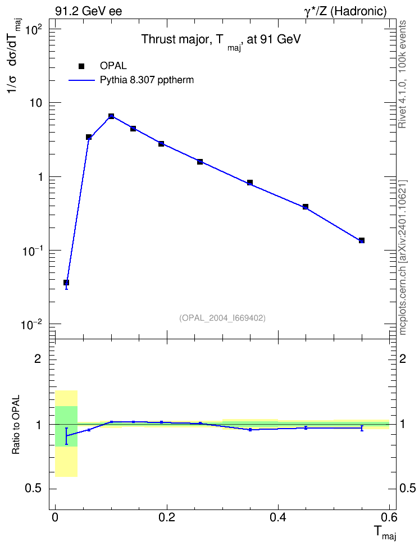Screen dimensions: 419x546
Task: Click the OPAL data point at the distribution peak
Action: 111,116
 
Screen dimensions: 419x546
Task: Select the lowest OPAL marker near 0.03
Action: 66,283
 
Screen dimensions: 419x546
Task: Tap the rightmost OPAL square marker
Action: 362,240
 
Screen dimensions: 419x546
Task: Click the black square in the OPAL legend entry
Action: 81,66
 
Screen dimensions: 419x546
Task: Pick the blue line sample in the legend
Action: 82,80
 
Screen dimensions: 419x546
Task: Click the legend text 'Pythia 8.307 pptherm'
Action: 147,80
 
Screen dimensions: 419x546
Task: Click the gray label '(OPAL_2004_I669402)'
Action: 222,318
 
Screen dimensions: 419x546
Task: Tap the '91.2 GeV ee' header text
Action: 89,11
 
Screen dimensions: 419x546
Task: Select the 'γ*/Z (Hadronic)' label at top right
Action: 345,11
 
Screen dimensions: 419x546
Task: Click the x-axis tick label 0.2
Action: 167,517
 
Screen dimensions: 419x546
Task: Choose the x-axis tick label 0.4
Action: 278,517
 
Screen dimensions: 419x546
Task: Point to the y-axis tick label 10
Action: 35,103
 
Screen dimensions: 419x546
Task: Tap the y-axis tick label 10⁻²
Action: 31,324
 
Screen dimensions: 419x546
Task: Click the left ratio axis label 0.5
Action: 33,489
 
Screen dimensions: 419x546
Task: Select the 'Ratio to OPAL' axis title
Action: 16,425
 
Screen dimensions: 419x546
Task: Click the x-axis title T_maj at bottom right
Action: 385,533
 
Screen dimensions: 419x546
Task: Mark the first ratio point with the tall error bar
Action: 66,436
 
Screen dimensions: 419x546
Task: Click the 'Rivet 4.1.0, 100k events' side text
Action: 403,74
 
